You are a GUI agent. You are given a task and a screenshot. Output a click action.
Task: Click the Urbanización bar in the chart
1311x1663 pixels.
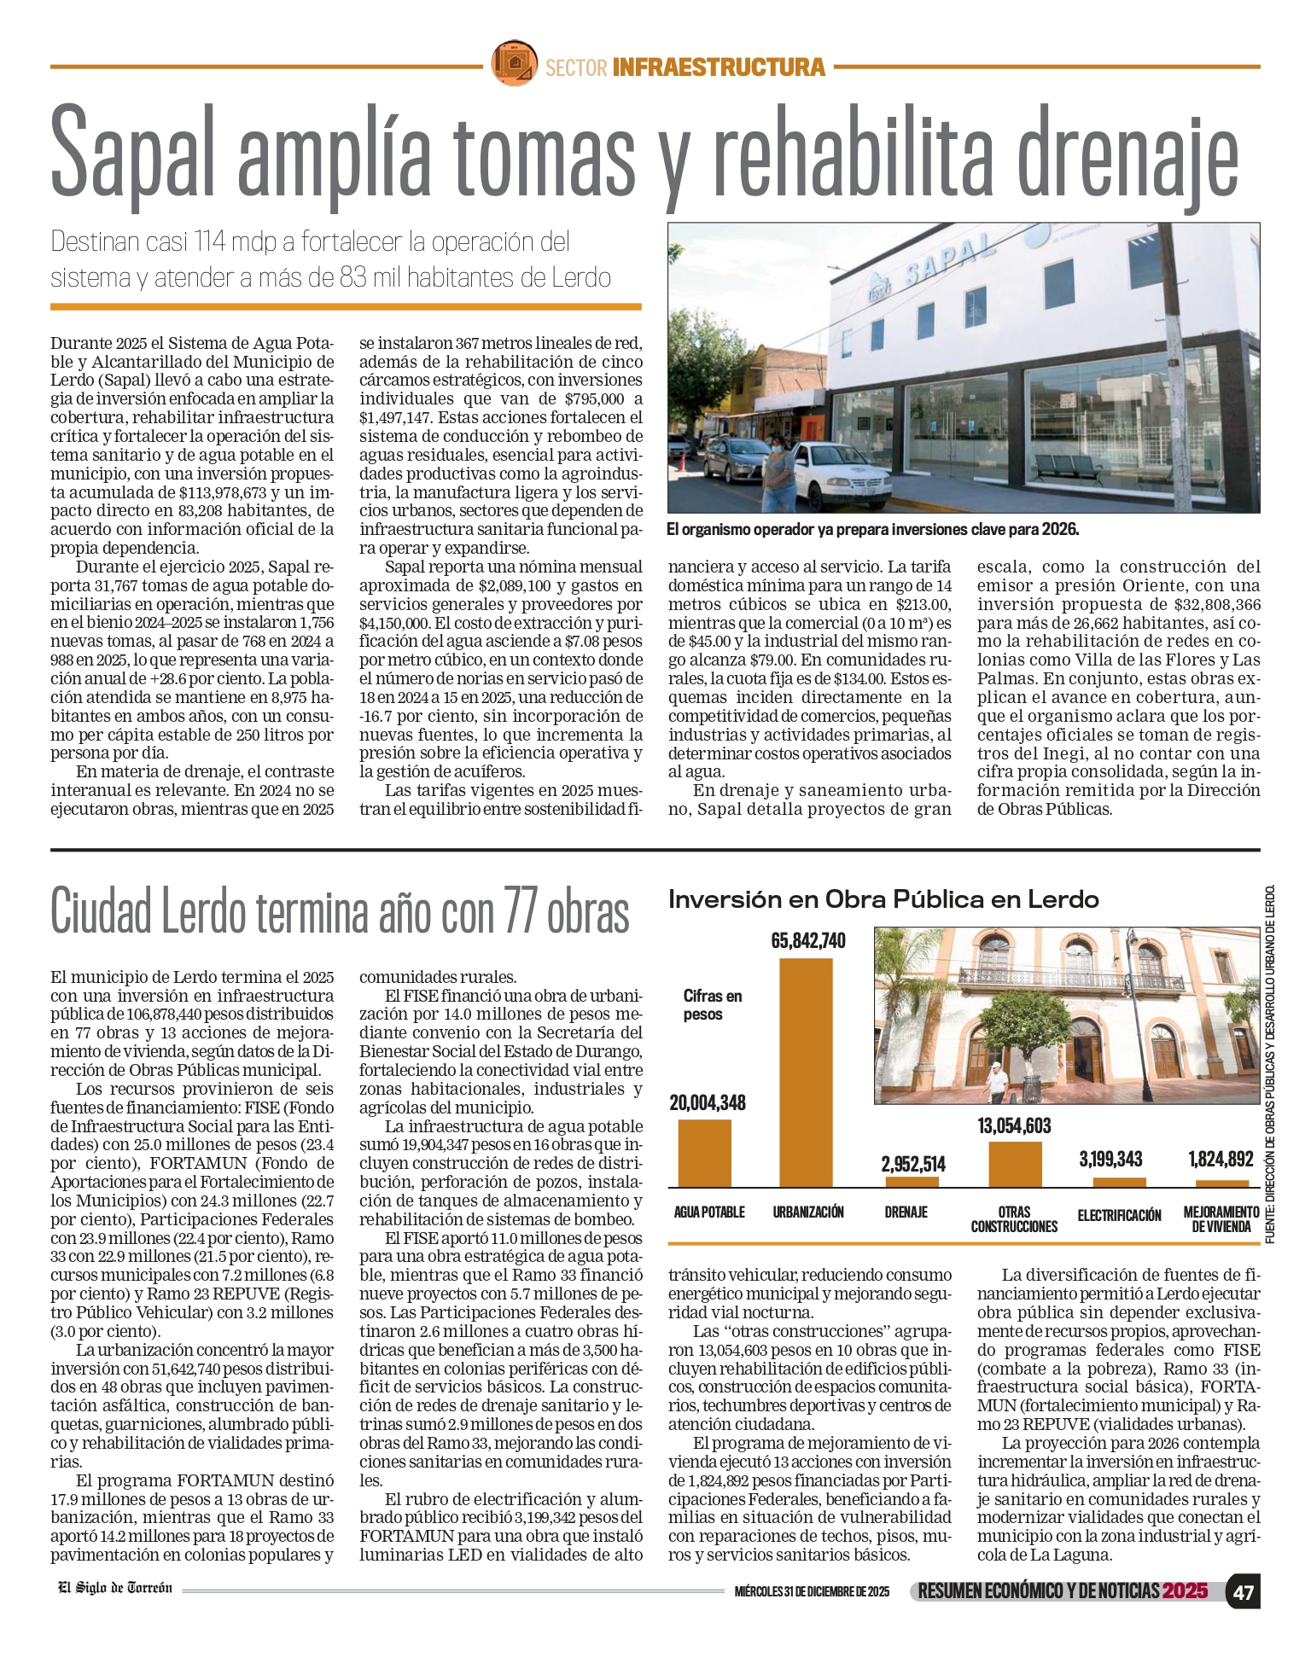pyautogui.click(x=806, y=1073)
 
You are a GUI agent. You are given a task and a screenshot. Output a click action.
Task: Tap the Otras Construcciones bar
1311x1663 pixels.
pyautogui.click(x=1015, y=1164)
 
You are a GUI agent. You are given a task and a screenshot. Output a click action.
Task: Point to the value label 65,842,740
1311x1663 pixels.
pyautogui.click(x=808, y=940)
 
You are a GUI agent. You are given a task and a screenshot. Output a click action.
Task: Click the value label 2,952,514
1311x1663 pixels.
pyautogui.click(x=913, y=1164)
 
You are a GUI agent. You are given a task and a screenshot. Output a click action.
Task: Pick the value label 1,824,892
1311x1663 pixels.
pyautogui.click(x=1221, y=1159)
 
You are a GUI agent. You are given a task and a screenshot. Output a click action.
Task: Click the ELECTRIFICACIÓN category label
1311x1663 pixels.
pyautogui.click(x=1119, y=1215)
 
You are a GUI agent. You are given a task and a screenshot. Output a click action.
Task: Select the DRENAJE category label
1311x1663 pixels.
pyautogui.click(x=906, y=1212)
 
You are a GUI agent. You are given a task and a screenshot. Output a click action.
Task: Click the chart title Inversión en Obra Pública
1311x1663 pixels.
pyautogui.click(x=883, y=899)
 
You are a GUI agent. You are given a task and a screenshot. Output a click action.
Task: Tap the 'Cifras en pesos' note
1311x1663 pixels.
pyautogui.click(x=713, y=1005)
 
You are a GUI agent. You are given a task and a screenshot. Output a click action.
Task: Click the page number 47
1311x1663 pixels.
pyautogui.click(x=1244, y=1592)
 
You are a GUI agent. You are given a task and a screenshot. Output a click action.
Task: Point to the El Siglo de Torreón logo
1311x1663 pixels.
pyautogui.click(x=115, y=1588)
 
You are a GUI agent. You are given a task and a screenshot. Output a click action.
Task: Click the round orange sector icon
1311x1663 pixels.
pyautogui.click(x=514, y=63)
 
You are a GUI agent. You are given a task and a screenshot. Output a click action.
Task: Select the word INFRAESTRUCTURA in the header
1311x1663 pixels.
pyautogui.click(x=719, y=67)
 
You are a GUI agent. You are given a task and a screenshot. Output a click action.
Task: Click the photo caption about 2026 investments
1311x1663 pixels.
pyautogui.click(x=873, y=530)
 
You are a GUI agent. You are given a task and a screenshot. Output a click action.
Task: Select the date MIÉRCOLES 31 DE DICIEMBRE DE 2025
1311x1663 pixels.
pyautogui.click(x=812, y=1592)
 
